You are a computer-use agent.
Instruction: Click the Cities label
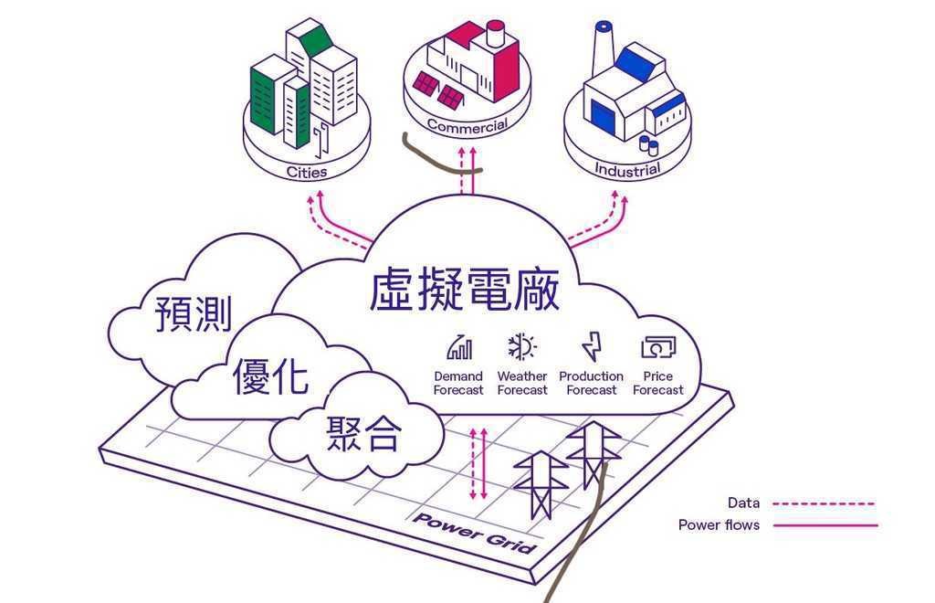307,172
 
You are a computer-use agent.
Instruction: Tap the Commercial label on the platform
467,126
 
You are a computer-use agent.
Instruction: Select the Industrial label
627,170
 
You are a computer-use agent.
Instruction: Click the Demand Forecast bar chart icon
459,348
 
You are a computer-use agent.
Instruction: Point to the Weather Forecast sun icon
522,347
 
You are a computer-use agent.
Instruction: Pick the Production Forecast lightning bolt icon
592,347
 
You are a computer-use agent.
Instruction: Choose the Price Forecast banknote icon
658,347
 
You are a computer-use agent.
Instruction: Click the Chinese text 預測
194,313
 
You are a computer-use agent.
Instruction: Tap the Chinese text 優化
270,376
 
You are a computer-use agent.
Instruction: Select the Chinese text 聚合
363,433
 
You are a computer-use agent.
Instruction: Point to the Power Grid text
475,533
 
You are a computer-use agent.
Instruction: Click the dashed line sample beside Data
825,504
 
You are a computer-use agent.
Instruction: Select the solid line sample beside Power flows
825,525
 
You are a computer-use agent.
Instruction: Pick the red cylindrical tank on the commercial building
495,33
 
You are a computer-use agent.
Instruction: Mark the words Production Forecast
592,384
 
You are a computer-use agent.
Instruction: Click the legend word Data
743,503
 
